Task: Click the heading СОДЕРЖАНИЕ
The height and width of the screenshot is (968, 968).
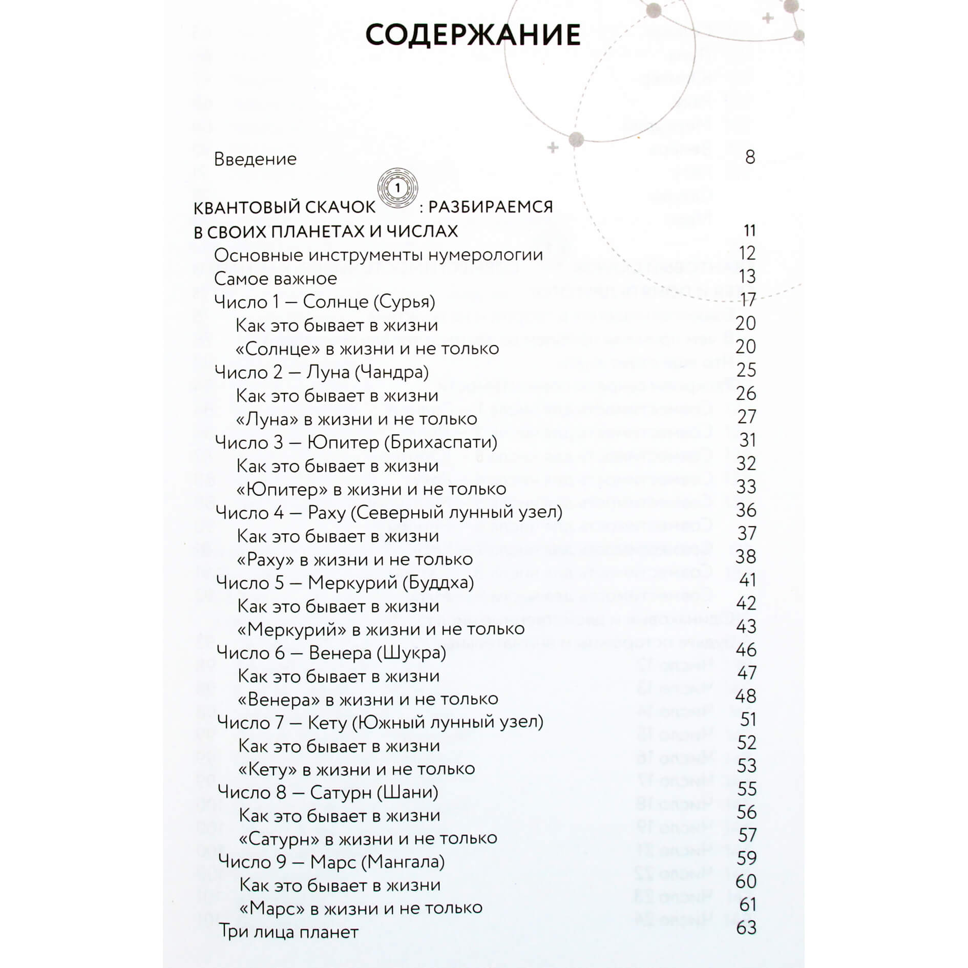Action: tap(473, 35)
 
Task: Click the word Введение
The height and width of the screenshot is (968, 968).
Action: tap(255, 159)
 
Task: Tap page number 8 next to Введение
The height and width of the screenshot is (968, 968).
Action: tap(750, 157)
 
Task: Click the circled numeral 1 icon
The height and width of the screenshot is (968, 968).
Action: tap(397, 188)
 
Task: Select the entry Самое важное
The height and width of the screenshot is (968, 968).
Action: tap(276, 279)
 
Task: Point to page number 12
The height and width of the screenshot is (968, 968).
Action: tap(747, 253)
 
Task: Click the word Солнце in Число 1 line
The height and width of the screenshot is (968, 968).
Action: tap(335, 302)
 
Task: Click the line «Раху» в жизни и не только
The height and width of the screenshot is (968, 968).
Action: tap(354, 559)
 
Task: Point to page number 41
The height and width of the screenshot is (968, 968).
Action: tap(747, 580)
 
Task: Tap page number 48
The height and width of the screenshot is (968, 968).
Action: tap(746, 696)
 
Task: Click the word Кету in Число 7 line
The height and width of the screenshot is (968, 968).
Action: tap(328, 723)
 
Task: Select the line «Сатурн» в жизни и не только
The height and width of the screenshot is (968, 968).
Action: tap(368, 838)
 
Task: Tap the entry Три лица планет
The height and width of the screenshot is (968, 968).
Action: tap(288, 932)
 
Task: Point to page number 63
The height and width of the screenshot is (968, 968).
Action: tap(746, 928)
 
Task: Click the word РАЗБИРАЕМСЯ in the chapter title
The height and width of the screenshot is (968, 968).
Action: tap(490, 207)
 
